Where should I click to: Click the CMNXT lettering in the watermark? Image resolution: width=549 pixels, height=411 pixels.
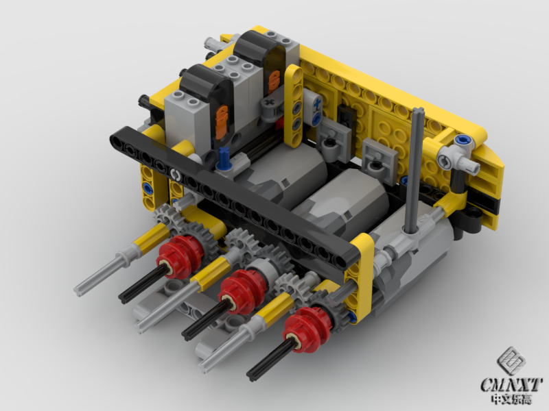(x=512, y=385)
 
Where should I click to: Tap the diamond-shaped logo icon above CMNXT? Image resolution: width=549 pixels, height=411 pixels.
(x=512, y=362)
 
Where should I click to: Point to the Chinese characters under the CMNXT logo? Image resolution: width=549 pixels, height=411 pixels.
(x=512, y=399)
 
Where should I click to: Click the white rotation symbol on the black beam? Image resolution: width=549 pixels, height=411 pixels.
(x=175, y=173)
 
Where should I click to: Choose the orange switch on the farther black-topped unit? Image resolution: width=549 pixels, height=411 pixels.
(x=274, y=81)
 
